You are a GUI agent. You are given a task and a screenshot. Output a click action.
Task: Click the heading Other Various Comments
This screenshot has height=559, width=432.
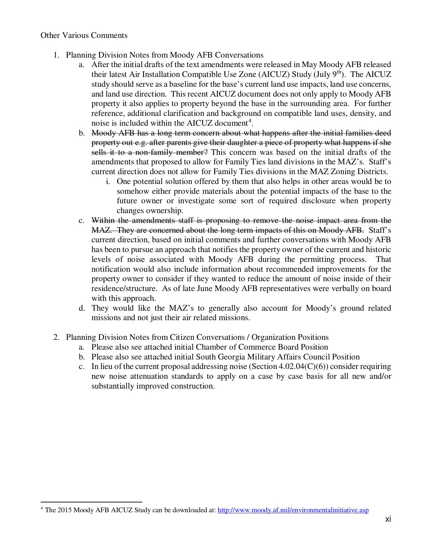84,35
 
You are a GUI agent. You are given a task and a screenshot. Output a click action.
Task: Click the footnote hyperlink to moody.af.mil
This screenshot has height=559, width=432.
293,510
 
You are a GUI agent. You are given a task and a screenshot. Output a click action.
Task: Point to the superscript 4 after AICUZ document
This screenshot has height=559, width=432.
250,121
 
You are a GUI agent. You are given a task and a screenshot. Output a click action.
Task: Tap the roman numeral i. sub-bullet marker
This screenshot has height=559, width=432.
108,182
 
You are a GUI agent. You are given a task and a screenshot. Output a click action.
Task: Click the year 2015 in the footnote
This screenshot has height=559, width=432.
64,510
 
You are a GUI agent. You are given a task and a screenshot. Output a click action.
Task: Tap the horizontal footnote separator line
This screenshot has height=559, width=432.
91,502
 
